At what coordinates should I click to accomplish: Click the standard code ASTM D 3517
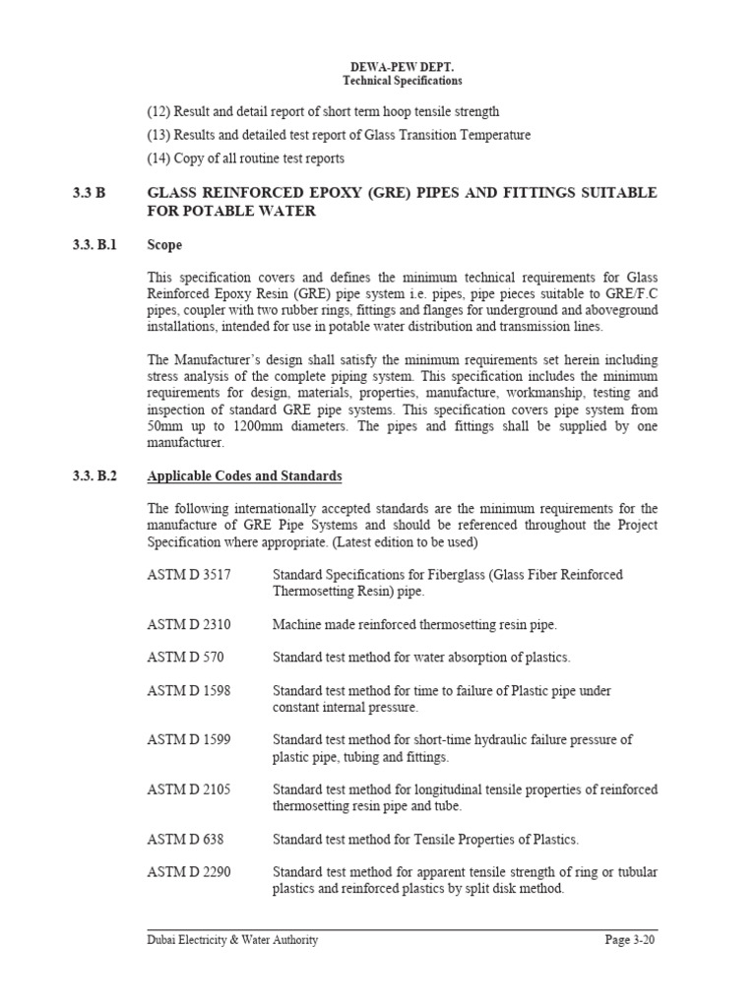point(189,575)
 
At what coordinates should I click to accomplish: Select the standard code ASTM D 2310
point(189,624)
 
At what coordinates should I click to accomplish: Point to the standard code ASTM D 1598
point(189,690)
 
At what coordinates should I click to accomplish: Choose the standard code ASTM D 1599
point(189,739)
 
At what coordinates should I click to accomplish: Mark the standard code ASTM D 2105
point(189,789)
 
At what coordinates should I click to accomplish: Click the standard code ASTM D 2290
point(189,872)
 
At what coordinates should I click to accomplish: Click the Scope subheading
point(164,245)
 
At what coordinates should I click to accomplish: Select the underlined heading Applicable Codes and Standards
point(244,476)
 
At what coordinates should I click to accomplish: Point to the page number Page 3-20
point(629,940)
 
